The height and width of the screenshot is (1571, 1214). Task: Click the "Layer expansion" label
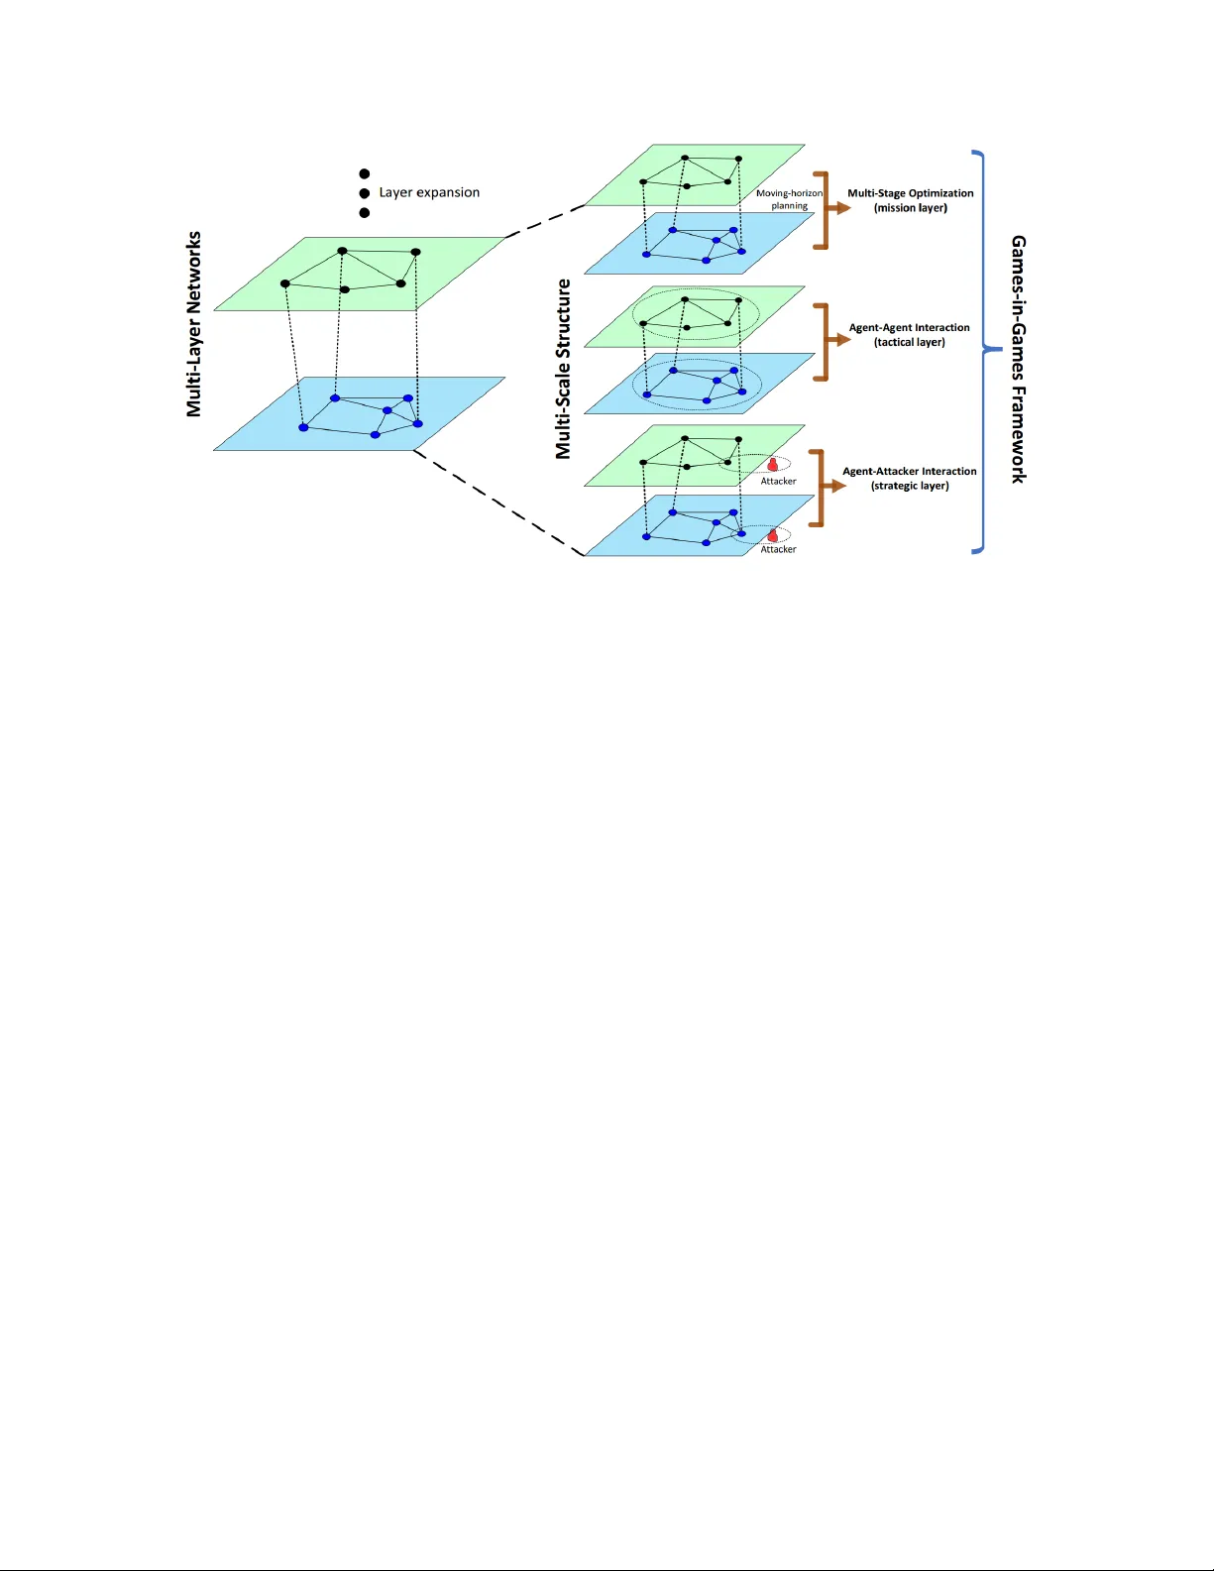[429, 192]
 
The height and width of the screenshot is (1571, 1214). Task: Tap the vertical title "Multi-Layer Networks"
[193, 324]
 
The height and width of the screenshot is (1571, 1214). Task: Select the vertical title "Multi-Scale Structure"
[563, 369]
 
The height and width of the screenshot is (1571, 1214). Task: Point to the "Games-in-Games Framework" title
[1018, 360]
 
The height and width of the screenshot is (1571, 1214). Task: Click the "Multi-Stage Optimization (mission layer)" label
[911, 200]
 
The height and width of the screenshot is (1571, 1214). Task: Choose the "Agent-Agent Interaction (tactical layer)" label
[909, 335]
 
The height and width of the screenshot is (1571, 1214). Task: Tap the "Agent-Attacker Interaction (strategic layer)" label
[910, 479]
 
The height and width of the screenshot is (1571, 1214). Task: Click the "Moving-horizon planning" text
[789, 199]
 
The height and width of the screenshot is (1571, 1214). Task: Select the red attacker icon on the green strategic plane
[772, 465]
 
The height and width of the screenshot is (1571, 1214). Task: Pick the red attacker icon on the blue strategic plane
[772, 535]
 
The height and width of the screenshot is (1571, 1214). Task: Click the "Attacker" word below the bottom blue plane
[778, 549]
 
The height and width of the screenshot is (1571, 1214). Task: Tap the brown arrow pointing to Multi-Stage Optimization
[839, 208]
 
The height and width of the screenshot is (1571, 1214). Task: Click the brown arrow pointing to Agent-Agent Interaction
[839, 340]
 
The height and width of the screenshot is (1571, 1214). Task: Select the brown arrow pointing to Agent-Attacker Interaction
[834, 486]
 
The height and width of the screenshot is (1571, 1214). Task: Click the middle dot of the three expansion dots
[365, 193]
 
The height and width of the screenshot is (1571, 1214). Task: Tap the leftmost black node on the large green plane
[285, 283]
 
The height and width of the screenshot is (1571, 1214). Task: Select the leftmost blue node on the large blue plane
[303, 428]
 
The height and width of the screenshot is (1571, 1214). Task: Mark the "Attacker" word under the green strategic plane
[778, 482]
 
